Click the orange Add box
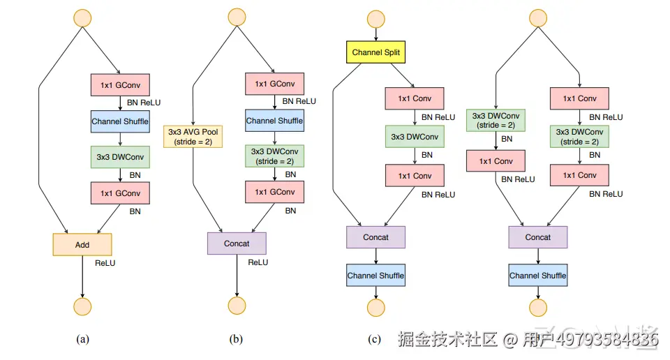[82, 245]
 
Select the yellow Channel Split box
[375, 52]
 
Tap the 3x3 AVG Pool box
[193, 137]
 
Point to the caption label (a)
[82, 339]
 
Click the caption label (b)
[236, 339]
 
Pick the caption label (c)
[374, 339]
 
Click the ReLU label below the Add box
[105, 263]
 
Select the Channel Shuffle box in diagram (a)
[120, 121]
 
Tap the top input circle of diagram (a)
[82, 18]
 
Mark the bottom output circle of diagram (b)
[237, 306]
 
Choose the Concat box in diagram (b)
[237, 243]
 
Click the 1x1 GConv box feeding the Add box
[120, 193]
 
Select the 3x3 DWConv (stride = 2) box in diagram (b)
[274, 156]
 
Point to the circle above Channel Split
[376, 20]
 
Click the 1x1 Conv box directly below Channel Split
[415, 98]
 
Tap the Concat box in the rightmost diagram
[538, 237]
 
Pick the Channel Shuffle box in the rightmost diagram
[538, 276]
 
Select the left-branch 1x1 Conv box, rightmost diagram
[496, 161]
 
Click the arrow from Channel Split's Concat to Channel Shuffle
[376, 256]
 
